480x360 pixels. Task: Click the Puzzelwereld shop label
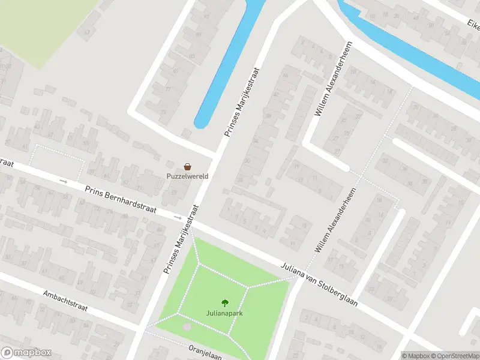(x=188, y=176)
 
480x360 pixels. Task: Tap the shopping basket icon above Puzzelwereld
(x=188, y=167)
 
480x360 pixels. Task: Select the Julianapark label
(x=225, y=313)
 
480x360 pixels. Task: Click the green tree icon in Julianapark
(x=225, y=303)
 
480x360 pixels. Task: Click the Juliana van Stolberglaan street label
(x=320, y=284)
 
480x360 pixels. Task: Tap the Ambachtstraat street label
(x=65, y=301)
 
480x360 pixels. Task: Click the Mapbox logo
(x=26, y=353)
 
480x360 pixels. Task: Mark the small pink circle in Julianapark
(x=187, y=326)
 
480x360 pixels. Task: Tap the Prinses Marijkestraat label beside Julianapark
(x=181, y=239)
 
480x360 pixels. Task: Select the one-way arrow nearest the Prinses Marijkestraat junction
(x=176, y=217)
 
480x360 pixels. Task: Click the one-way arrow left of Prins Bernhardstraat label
(x=63, y=180)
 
